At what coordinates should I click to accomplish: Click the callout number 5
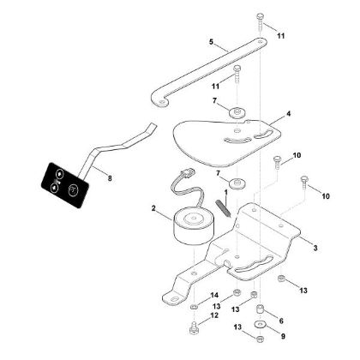(x=211, y=42)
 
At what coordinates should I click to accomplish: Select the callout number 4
(x=289, y=114)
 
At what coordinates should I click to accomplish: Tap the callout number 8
(x=110, y=178)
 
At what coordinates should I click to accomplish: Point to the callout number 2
(x=153, y=208)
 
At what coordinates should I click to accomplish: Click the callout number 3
(x=315, y=248)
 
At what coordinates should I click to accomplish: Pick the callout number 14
(x=214, y=296)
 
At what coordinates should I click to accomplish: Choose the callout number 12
(x=214, y=315)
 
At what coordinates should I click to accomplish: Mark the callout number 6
(x=281, y=321)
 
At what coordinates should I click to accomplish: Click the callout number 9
(x=283, y=336)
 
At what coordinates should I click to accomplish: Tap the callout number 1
(x=225, y=192)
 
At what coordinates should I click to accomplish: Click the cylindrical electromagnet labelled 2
(x=194, y=227)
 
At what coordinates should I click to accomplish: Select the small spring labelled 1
(x=222, y=208)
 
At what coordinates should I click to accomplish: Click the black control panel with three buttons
(x=64, y=185)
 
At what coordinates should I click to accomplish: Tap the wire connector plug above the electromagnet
(x=187, y=173)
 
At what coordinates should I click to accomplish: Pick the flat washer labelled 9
(x=260, y=325)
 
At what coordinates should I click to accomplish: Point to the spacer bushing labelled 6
(x=261, y=310)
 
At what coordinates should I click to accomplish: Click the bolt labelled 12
(x=194, y=328)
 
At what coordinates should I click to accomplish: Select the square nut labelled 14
(x=194, y=308)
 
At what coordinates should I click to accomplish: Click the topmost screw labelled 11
(x=261, y=21)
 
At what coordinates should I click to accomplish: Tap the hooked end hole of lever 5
(x=162, y=102)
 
